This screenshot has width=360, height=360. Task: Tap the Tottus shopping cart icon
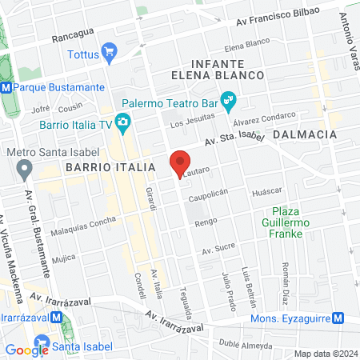(110, 54)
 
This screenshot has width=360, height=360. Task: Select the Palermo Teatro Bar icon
(228, 102)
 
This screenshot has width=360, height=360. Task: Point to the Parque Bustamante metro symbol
(6, 86)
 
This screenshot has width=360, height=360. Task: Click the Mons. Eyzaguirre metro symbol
(338, 318)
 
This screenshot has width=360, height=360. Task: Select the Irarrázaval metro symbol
(56, 318)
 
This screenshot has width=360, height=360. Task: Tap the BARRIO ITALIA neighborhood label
(110, 166)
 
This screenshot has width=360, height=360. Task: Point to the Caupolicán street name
(208, 194)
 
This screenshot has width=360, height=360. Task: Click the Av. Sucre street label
(217, 250)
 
